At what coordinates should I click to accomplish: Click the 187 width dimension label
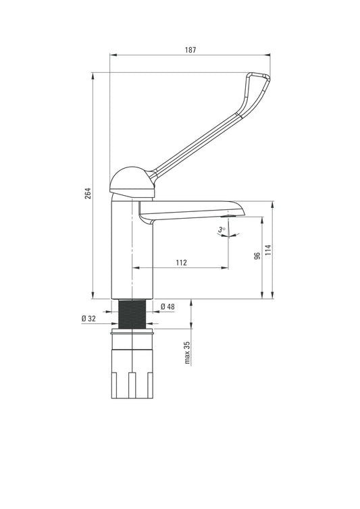190,50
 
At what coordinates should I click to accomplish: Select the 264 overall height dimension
88,193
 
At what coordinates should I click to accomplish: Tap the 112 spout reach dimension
182,263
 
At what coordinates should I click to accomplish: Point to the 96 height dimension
257,256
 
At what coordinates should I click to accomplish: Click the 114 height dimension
267,250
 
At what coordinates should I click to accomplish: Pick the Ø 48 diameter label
168,306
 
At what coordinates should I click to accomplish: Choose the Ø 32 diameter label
88,319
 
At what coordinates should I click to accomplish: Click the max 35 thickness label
187,352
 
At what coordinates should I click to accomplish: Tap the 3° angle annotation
222,230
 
